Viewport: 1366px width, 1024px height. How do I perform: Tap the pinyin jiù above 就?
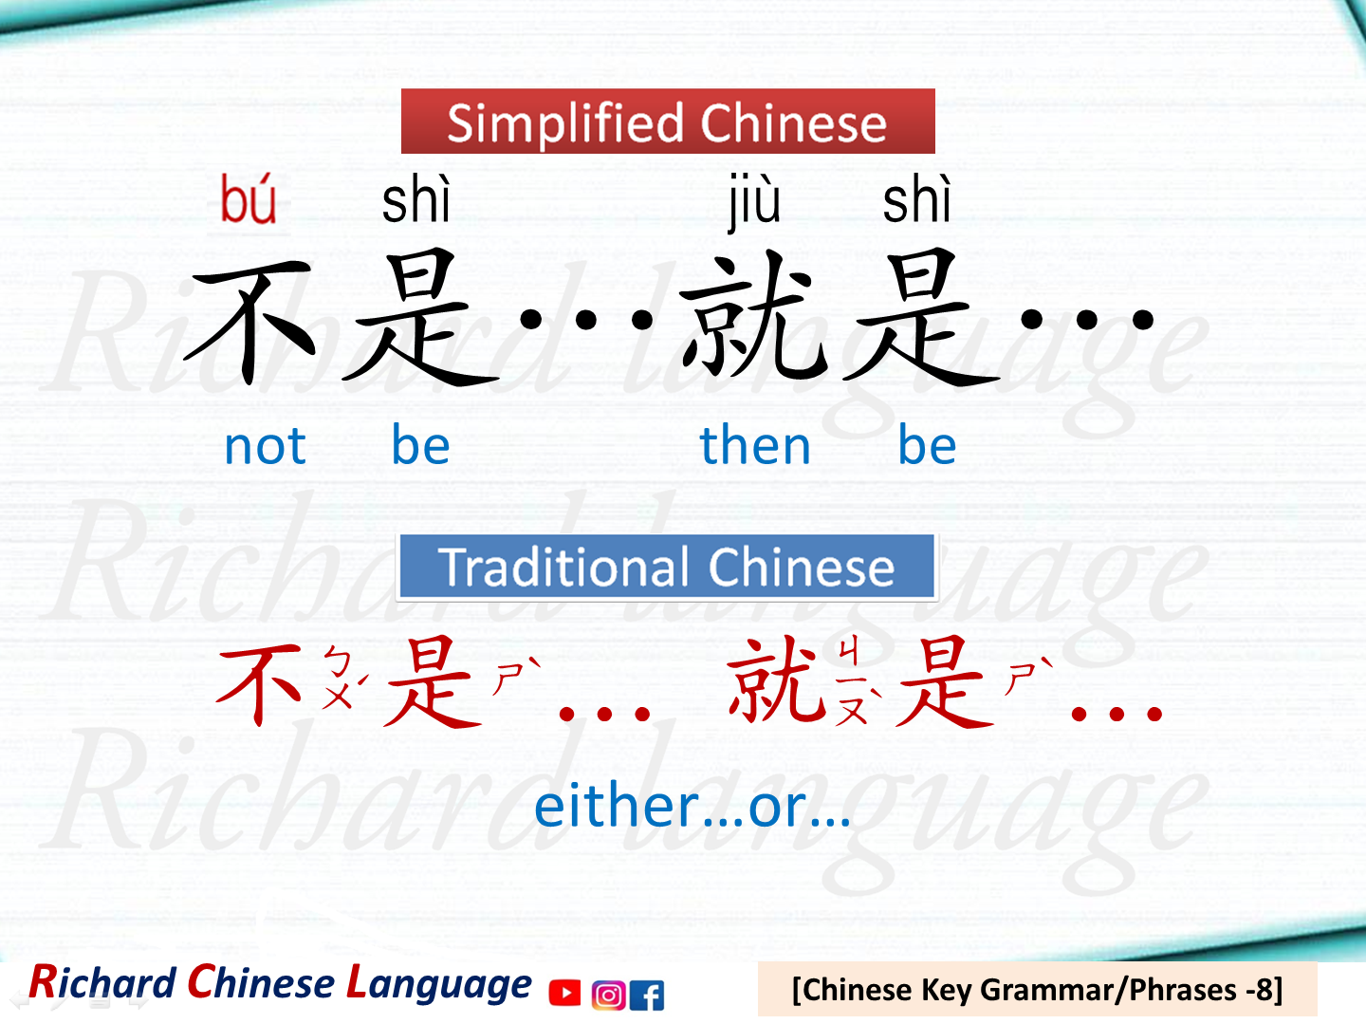click(754, 201)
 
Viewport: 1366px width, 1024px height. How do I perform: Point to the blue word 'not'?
click(265, 446)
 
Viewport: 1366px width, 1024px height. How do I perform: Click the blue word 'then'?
click(755, 446)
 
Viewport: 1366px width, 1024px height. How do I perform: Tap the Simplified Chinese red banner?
click(668, 121)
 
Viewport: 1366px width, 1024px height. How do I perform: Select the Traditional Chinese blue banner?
click(667, 567)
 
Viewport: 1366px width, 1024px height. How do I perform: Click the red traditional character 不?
click(260, 683)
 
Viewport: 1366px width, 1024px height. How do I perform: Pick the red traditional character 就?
click(773, 680)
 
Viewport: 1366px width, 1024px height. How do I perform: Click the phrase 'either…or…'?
click(692, 807)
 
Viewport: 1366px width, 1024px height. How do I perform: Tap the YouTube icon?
click(564, 993)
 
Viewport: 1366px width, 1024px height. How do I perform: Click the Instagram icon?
click(608, 995)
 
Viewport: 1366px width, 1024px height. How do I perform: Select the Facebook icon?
click(647, 995)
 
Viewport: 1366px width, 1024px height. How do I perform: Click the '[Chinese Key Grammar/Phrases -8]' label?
click(1037, 990)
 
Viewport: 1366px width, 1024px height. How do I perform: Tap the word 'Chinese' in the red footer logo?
click(261, 983)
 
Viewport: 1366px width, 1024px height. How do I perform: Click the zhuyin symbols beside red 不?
click(340, 678)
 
